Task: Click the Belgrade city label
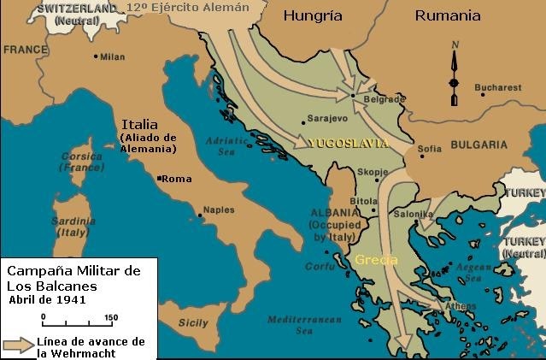pos(380,99)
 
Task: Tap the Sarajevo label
pos(327,121)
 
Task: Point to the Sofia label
pos(430,148)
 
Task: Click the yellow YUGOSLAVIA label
pos(347,142)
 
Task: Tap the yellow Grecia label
pos(377,258)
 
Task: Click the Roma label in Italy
pos(177,179)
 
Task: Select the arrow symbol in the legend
pos(17,346)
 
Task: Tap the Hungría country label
pos(314,15)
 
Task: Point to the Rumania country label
pos(447,15)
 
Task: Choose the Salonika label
pos(415,214)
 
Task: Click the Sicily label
pos(194,322)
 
